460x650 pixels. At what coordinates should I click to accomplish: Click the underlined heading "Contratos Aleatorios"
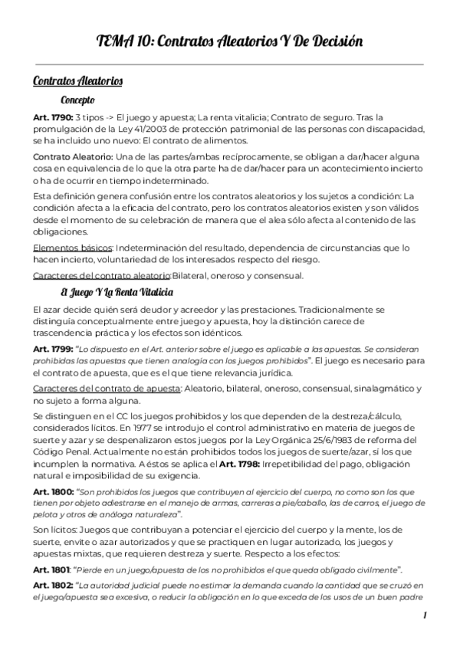point(78,80)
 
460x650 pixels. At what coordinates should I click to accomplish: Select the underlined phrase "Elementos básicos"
point(72,248)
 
